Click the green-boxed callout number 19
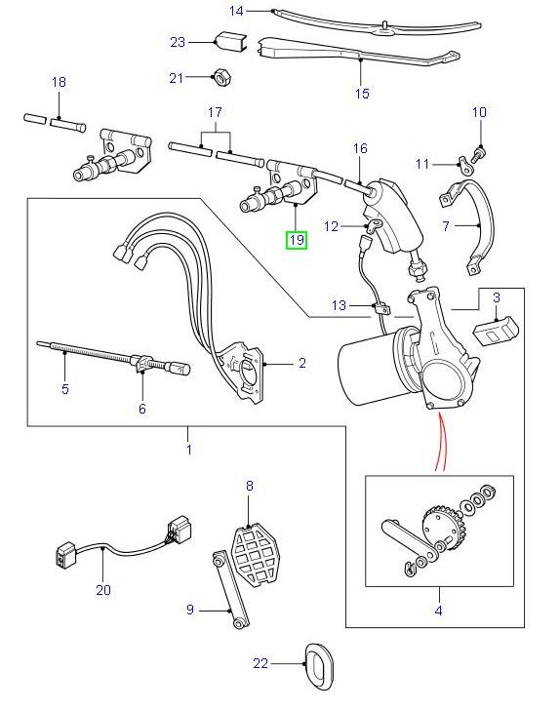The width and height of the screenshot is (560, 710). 296,238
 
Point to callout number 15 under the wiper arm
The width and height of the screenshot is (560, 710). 362,94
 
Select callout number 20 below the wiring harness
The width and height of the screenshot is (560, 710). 103,589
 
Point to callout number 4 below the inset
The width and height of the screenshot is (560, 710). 438,611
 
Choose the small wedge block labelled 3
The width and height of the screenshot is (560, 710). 495,328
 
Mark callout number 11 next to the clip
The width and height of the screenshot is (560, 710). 421,164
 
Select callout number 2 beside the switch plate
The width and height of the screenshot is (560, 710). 302,364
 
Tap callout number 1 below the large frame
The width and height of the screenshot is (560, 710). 188,450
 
